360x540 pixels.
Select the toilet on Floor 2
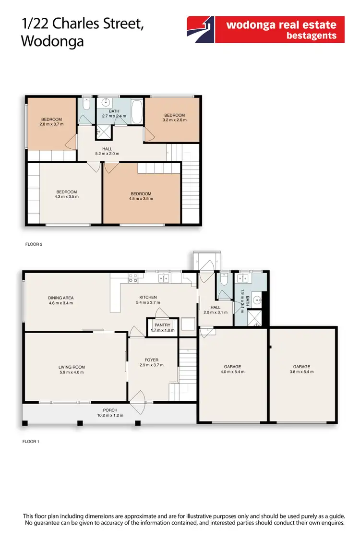pos(86,104)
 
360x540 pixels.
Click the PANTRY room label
pos(163,325)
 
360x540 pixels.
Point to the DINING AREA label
pos(61,298)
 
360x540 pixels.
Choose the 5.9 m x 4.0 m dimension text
pos(72,372)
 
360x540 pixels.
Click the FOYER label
pos(152,360)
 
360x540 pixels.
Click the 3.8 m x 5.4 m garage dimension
pos(302,372)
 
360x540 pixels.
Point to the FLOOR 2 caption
pos(34,244)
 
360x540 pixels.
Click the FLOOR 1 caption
pos(31,441)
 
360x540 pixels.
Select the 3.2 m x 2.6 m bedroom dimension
pos(174,120)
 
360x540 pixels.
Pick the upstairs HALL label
pos(107,148)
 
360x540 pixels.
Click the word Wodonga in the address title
pos(53,41)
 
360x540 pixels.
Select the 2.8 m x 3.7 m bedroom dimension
pos(51,124)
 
